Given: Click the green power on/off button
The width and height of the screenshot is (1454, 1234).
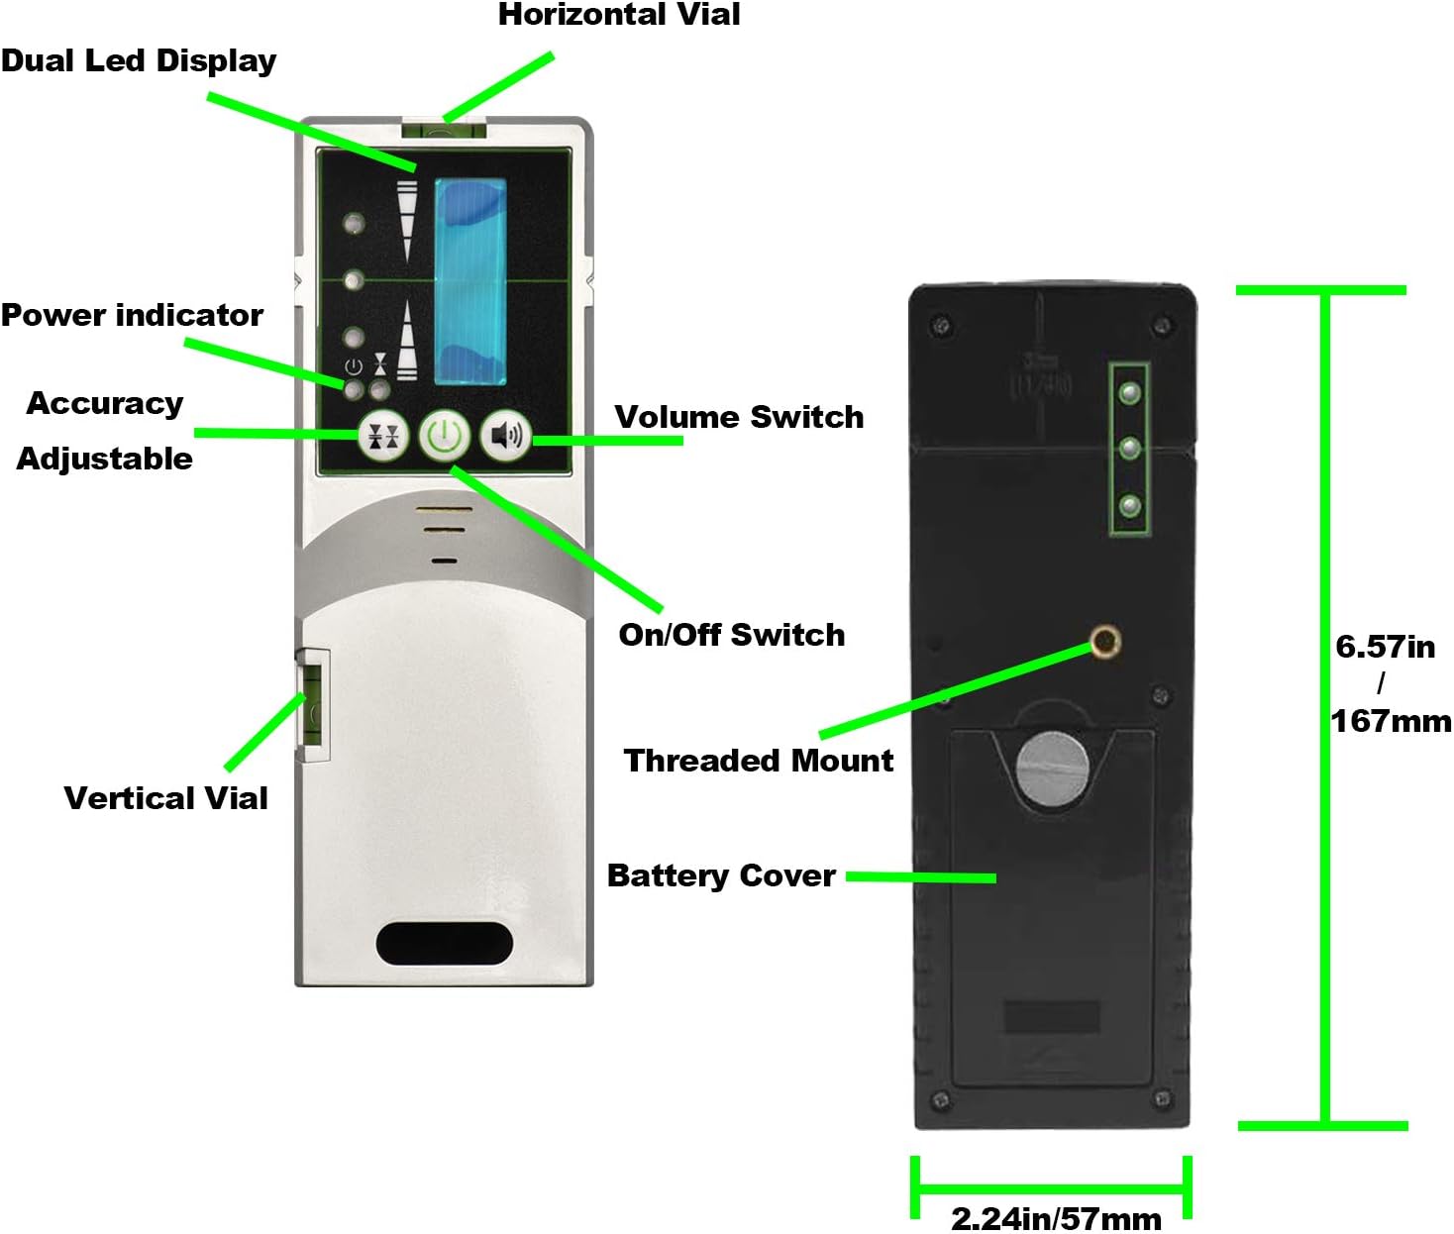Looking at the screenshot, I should [x=444, y=436].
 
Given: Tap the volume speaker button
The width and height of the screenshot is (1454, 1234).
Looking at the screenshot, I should [x=505, y=436].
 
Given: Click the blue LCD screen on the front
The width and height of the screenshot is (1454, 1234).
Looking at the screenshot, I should [x=470, y=282].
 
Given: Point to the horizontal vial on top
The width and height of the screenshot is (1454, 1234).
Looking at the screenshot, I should [x=445, y=129].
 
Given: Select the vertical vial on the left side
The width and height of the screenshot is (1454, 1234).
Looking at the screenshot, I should [x=314, y=705].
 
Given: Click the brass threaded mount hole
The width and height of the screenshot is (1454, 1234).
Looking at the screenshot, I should [x=1104, y=642].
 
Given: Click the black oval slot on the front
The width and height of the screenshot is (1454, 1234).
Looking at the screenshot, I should [x=445, y=944].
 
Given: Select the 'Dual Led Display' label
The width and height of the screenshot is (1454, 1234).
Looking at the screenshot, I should [x=139, y=60].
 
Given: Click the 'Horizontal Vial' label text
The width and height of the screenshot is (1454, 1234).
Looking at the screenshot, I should [x=619, y=15].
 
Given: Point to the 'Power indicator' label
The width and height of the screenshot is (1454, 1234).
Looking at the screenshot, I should [x=132, y=315].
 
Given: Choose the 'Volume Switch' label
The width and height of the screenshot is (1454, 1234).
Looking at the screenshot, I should [x=739, y=417].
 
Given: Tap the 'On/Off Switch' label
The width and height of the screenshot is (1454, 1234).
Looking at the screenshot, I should [x=732, y=635].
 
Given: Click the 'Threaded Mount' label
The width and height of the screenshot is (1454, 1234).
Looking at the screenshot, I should [x=758, y=761].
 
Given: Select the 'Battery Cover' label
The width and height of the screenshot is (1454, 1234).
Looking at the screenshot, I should [x=721, y=875].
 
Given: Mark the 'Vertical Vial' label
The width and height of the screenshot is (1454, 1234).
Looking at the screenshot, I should [x=165, y=798].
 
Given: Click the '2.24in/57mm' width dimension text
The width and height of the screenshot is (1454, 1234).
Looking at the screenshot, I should [x=1056, y=1218].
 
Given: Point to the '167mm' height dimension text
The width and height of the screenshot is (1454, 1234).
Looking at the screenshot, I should [x=1391, y=721].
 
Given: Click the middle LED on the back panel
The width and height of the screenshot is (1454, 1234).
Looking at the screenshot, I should [x=1129, y=450].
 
